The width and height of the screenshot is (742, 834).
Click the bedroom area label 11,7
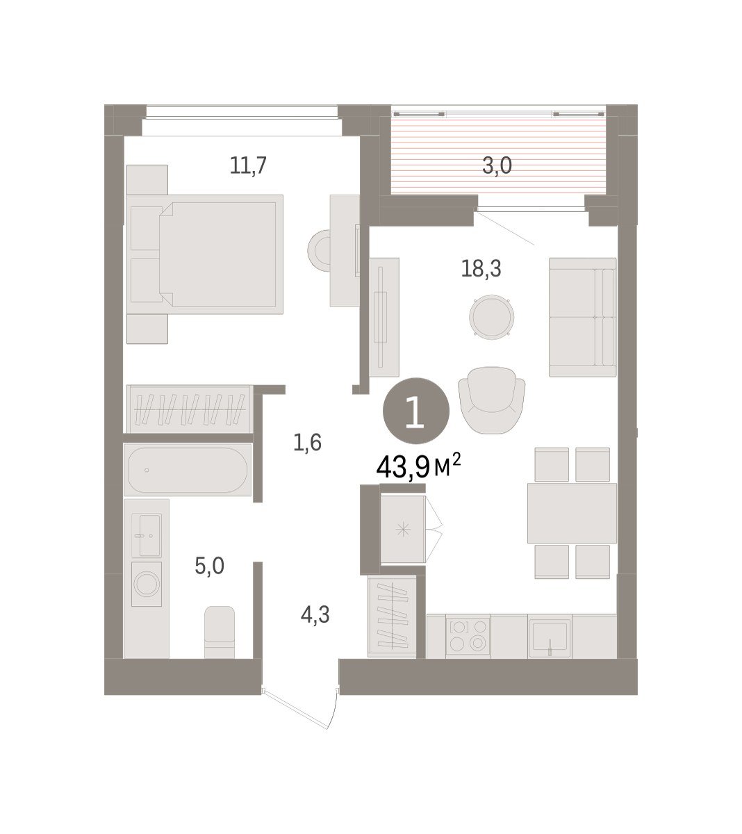tap(248, 165)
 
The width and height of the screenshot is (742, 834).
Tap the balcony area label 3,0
tap(497, 165)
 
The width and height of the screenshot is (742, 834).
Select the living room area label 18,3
tap(481, 268)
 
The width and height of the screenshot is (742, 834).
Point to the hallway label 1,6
tap(307, 443)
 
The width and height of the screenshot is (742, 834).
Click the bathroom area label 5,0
tap(210, 566)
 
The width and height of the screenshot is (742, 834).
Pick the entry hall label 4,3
tap(315, 615)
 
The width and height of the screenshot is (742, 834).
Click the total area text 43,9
tap(403, 467)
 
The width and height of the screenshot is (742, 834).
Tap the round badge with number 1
tap(415, 411)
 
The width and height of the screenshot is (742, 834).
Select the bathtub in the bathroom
tap(188, 470)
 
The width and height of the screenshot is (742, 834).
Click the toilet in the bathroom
tap(220, 632)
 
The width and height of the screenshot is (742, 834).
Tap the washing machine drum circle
tap(147, 584)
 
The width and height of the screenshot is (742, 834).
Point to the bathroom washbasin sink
tap(146, 536)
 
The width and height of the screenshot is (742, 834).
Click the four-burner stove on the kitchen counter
tap(468, 636)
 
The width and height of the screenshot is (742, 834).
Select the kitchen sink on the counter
tap(550, 637)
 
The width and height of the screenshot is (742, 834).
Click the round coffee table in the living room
tap(491, 317)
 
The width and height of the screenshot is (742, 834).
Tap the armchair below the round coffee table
tap(491, 400)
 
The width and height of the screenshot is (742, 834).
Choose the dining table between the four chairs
tap(572, 514)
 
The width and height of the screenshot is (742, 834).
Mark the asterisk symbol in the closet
tap(403, 530)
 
